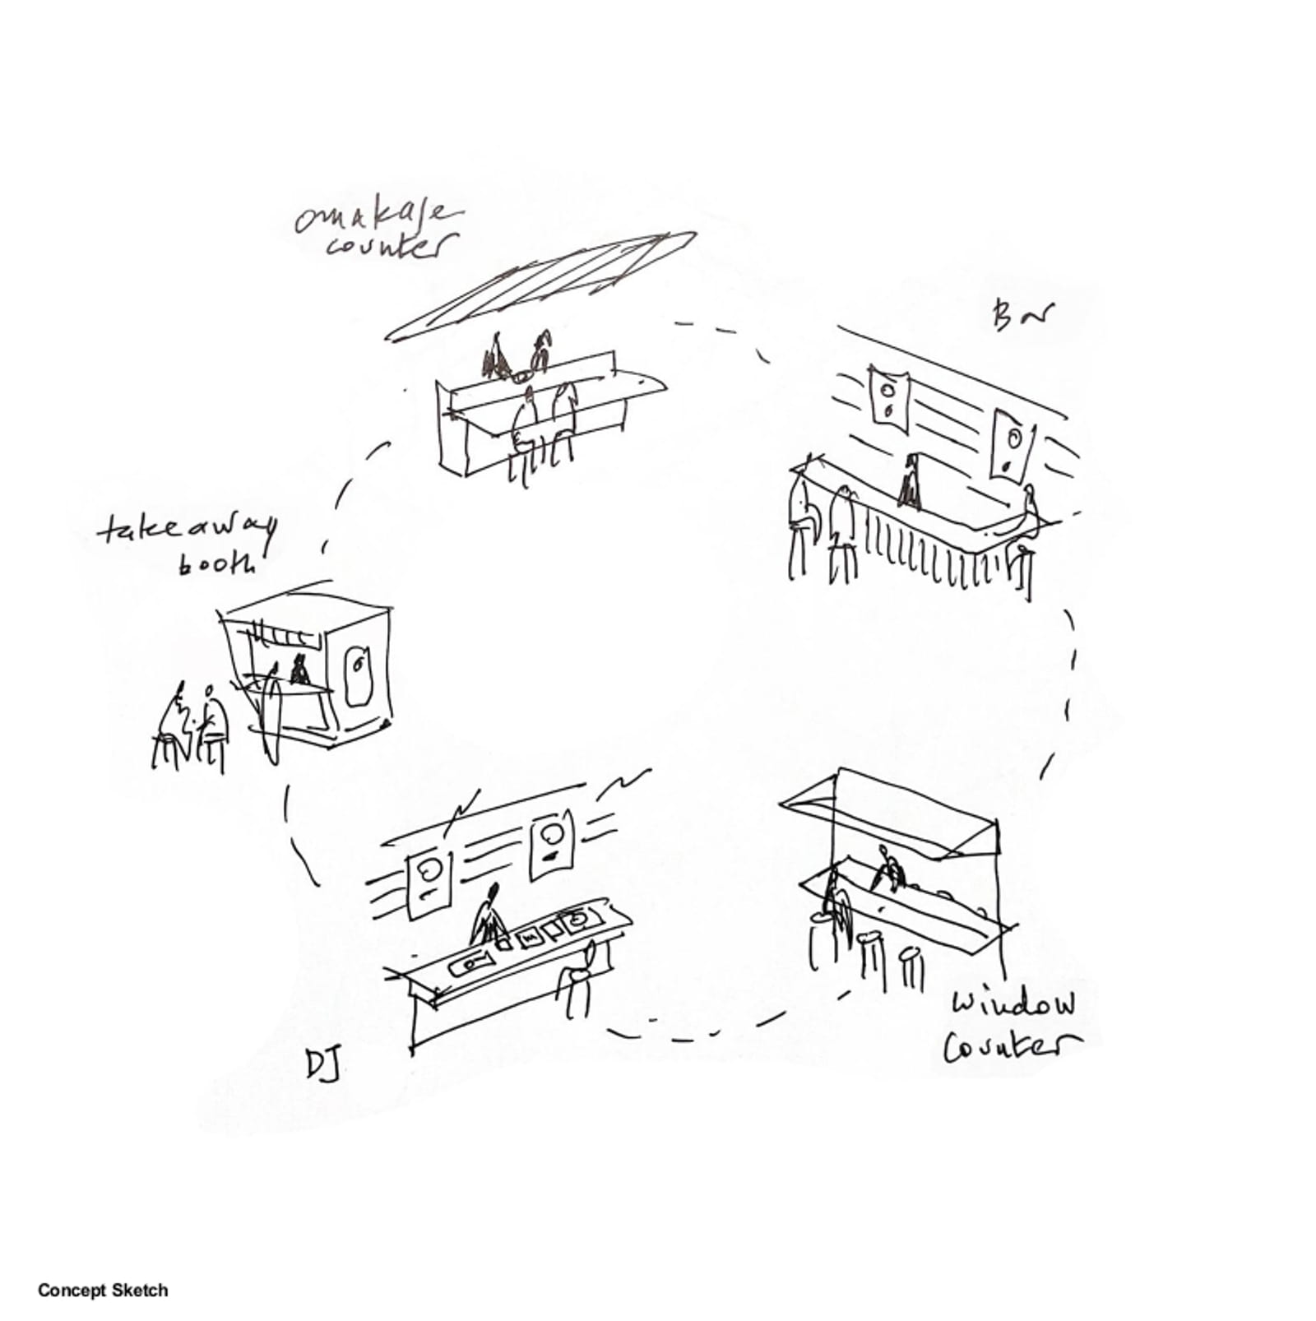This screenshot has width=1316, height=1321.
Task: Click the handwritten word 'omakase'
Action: (377, 216)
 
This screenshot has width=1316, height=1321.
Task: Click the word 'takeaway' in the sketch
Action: (187, 530)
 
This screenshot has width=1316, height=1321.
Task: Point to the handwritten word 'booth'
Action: (216, 563)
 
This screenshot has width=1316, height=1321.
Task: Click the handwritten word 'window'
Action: (1013, 1004)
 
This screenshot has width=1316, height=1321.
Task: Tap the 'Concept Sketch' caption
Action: (102, 1290)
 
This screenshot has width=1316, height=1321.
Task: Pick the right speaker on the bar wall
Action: (1012, 444)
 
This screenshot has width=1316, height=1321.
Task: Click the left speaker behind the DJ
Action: (429, 883)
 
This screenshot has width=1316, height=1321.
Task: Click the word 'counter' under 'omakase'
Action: (392, 246)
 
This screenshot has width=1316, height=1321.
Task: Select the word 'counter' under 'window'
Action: (1011, 1045)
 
